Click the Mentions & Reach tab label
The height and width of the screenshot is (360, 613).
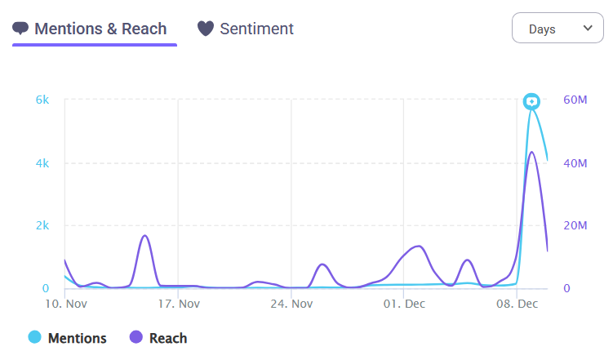tap(100, 29)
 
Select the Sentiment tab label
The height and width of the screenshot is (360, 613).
tap(256, 29)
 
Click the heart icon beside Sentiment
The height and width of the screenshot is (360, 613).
tap(207, 29)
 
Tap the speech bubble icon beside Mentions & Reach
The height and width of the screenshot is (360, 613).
tap(21, 29)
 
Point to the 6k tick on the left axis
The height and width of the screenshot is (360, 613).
tap(42, 100)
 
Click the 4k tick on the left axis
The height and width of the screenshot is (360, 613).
tap(42, 163)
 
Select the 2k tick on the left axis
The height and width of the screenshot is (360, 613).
tap(42, 226)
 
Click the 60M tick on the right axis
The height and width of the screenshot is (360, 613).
tap(575, 100)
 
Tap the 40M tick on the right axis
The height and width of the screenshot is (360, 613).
tap(575, 163)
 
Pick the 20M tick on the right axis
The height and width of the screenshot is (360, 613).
tap(575, 226)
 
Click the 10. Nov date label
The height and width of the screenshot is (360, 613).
tap(65, 304)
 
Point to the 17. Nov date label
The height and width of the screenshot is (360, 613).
tap(178, 304)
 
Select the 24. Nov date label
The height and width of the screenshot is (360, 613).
tap(291, 304)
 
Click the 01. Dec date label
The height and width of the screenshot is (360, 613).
tap(404, 304)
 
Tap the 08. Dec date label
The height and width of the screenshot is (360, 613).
tap(517, 304)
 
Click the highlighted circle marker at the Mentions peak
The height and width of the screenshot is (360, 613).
tap(532, 101)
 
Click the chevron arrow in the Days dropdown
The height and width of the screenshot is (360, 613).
tap(588, 29)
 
